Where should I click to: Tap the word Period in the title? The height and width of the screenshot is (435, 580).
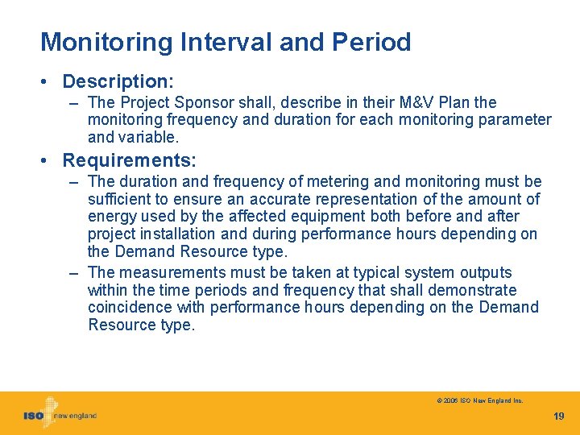click(374, 42)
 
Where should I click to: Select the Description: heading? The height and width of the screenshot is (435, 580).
click(118, 81)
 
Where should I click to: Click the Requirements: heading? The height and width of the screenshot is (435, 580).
click(129, 160)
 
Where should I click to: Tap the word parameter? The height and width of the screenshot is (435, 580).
click(516, 120)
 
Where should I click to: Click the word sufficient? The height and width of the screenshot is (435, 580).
click(120, 199)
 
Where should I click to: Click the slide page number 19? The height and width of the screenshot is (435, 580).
click(559, 416)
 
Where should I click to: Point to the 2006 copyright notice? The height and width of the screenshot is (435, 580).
click(480, 400)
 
